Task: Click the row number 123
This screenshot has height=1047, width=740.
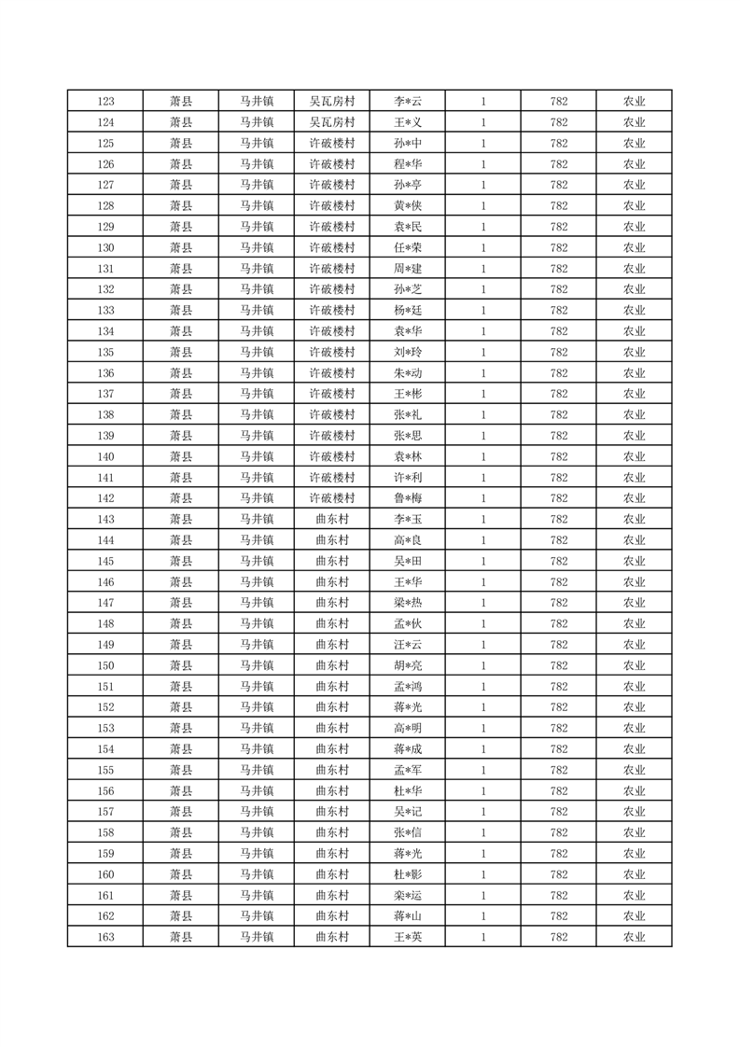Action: point(105,102)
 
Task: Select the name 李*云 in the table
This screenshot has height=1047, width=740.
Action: point(408,102)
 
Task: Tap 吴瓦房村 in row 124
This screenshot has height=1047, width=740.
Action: point(332,122)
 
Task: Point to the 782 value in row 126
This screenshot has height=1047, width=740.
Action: point(559,164)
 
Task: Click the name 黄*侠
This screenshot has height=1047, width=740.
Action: point(408,206)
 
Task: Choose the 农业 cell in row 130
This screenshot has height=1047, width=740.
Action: point(635,248)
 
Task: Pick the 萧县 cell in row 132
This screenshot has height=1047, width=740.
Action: point(181,289)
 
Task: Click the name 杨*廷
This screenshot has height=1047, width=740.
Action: point(408,311)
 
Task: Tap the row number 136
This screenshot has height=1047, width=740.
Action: point(105,373)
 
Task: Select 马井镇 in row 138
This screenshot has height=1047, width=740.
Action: point(257,415)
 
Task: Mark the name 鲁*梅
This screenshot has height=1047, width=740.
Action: point(408,498)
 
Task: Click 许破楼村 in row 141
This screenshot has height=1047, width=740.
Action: point(332,478)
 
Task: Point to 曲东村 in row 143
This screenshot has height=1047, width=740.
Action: point(332,520)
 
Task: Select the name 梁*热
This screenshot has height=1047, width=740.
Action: point(408,603)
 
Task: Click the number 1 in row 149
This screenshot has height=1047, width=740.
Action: point(483,645)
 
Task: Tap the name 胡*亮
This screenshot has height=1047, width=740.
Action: point(408,665)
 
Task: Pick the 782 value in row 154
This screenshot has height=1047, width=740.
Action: point(559,749)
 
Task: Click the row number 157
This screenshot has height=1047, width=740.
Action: point(105,812)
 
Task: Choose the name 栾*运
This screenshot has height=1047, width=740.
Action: point(408,896)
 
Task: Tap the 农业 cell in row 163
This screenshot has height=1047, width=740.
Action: point(635,937)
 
